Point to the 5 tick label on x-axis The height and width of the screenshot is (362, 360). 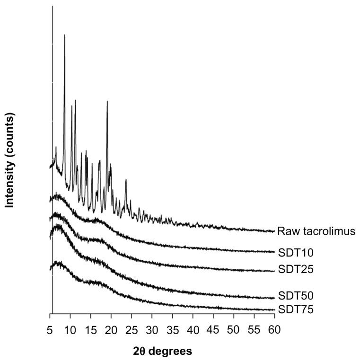pyautogui.click(x=50, y=328)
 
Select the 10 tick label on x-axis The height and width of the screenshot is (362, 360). pyautogui.click(x=70, y=328)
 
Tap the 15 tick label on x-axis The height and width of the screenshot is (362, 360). pyautogui.click(x=91, y=328)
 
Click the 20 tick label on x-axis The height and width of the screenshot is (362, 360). pyautogui.click(x=111, y=328)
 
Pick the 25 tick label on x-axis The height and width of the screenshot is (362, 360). pyautogui.click(x=132, y=328)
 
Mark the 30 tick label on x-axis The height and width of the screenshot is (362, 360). pyautogui.click(x=152, y=328)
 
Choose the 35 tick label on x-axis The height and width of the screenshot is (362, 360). pyautogui.click(x=172, y=328)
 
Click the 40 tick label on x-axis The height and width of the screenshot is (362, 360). pyautogui.click(x=193, y=328)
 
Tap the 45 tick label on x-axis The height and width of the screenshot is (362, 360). pyautogui.click(x=213, y=328)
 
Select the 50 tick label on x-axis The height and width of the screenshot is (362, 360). pyautogui.click(x=233, y=328)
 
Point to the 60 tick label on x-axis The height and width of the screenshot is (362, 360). pyautogui.click(x=274, y=328)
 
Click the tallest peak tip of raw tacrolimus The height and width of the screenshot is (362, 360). pyautogui.click(x=64, y=35)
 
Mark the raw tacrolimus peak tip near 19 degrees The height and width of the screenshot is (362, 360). pyautogui.click(x=107, y=101)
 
